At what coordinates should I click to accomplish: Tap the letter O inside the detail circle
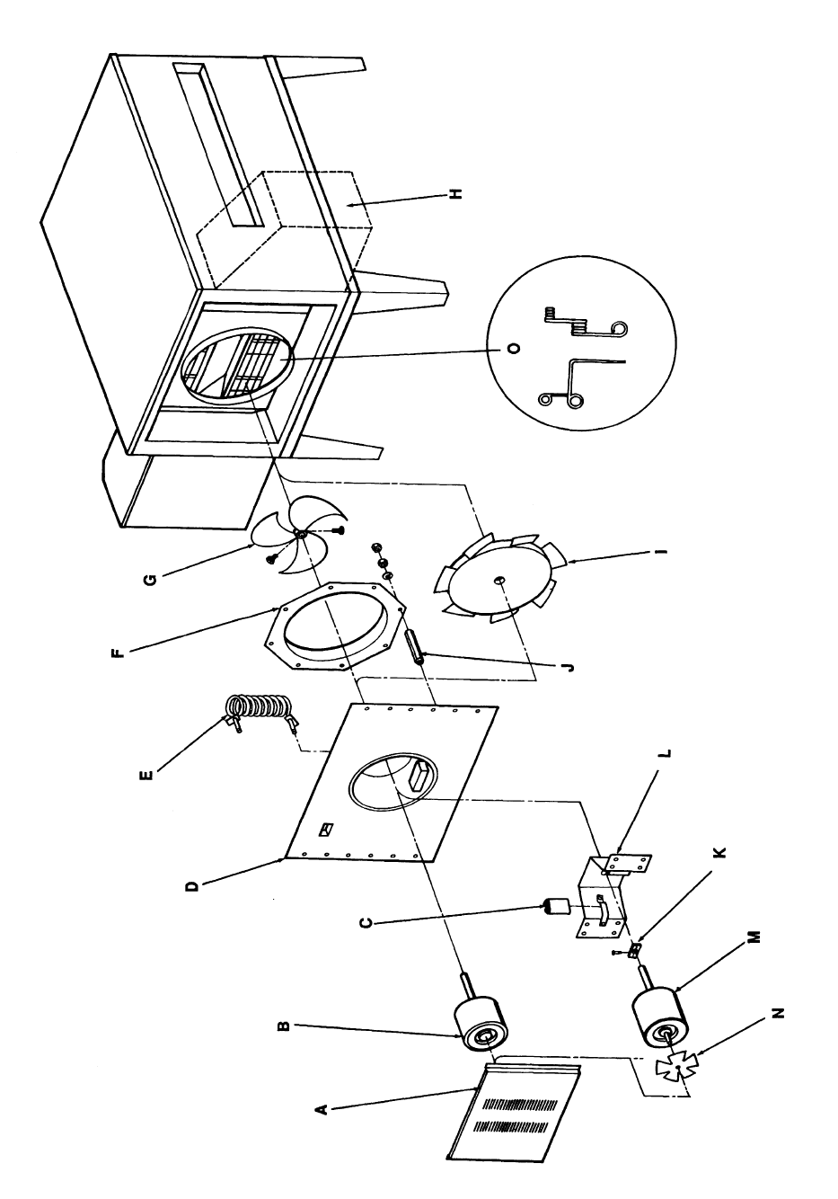[513, 350]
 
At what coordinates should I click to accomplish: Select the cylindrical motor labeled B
[484, 1024]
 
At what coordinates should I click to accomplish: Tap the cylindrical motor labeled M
[664, 1017]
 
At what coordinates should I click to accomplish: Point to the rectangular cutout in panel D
[419, 776]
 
